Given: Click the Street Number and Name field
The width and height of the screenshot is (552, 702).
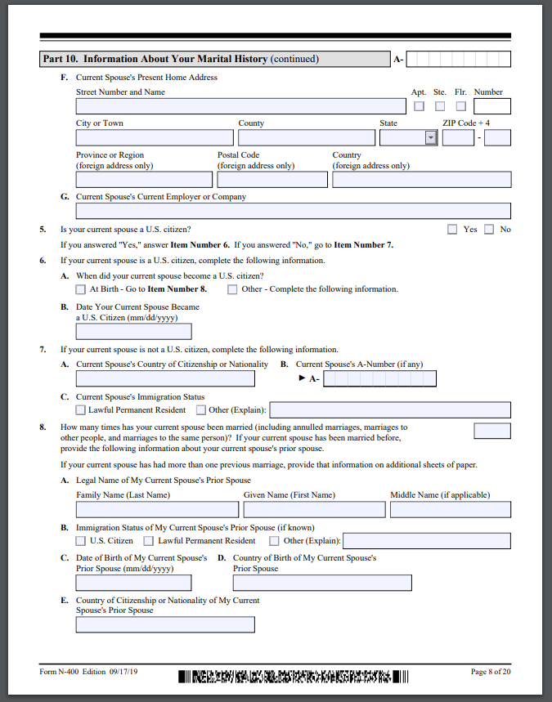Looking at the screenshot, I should coord(240,106).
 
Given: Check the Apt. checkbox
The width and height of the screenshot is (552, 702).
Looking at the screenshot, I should coord(419,106).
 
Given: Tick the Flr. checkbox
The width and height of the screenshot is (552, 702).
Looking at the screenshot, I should coord(461,106).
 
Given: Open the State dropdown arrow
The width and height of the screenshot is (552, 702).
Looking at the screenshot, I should coord(431,138).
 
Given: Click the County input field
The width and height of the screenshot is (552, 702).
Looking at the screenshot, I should coord(307,138).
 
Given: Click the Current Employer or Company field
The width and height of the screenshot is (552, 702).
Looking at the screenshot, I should coord(293,211).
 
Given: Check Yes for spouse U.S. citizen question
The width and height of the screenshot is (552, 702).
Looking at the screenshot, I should coord(452,230).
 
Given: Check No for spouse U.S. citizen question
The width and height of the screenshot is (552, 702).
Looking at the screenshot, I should coord(489,230).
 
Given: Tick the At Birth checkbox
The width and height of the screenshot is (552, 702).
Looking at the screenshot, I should coord(80,289).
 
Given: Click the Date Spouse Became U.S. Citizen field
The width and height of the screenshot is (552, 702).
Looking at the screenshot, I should coord(133,331).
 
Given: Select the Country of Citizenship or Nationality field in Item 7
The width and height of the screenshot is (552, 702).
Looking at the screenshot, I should coord(165,378).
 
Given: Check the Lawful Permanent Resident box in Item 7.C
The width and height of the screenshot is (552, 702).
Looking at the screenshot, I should coord(80,410).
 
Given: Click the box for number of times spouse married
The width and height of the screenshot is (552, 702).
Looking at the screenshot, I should coord(492,431).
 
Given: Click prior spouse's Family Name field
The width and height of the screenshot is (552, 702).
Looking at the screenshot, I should coord(157,510).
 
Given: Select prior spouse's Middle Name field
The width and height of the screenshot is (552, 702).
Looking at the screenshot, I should coord(450,510).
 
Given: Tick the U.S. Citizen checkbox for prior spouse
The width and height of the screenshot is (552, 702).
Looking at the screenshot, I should coord(80,541).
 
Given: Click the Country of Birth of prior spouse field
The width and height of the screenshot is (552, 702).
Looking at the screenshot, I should coord(322,583).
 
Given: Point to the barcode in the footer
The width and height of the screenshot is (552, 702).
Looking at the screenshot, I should coord(292,676).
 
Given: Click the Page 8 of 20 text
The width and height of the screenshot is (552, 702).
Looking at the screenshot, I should coord(491,672).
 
